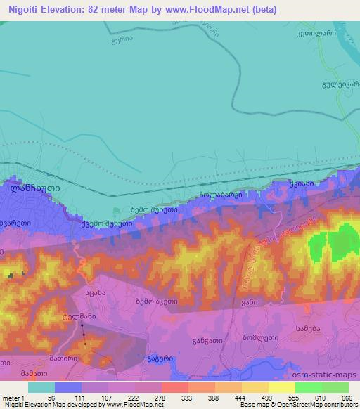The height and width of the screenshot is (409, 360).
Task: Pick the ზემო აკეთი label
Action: (155, 301)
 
